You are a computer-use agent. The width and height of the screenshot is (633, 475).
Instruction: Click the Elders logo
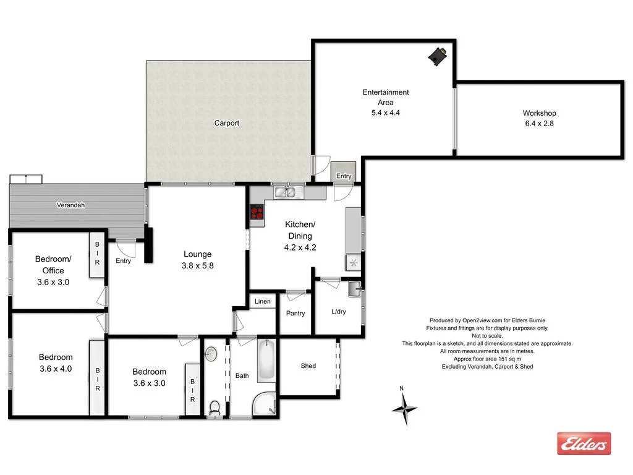point(584,443)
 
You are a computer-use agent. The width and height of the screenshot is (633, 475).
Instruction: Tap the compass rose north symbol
point(404,407)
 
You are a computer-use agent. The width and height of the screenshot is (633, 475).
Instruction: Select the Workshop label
point(539,113)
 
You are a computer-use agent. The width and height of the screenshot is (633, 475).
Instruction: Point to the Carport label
point(227,123)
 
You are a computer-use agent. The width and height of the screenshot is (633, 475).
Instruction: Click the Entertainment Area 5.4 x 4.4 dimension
point(385,113)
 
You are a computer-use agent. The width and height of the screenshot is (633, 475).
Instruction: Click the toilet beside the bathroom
point(215,407)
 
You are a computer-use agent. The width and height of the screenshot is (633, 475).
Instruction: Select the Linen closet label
point(263,302)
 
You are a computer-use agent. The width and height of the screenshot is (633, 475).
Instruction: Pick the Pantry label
point(295,314)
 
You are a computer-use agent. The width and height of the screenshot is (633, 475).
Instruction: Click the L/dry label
point(339,312)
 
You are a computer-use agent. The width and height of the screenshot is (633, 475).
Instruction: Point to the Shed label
point(308,366)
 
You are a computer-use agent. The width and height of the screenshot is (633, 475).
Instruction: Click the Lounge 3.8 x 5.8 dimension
point(198,266)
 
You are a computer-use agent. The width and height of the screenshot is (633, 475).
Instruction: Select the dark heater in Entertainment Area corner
point(439,56)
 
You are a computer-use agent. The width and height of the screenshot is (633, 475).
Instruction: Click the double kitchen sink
point(286,192)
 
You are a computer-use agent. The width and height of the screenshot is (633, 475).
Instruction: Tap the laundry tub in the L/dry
point(354,289)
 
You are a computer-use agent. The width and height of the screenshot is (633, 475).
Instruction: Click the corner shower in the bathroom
point(265,403)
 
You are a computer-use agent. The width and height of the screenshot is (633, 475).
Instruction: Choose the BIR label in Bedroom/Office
point(97,254)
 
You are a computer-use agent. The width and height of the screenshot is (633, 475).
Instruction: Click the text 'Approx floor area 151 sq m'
point(487,359)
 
